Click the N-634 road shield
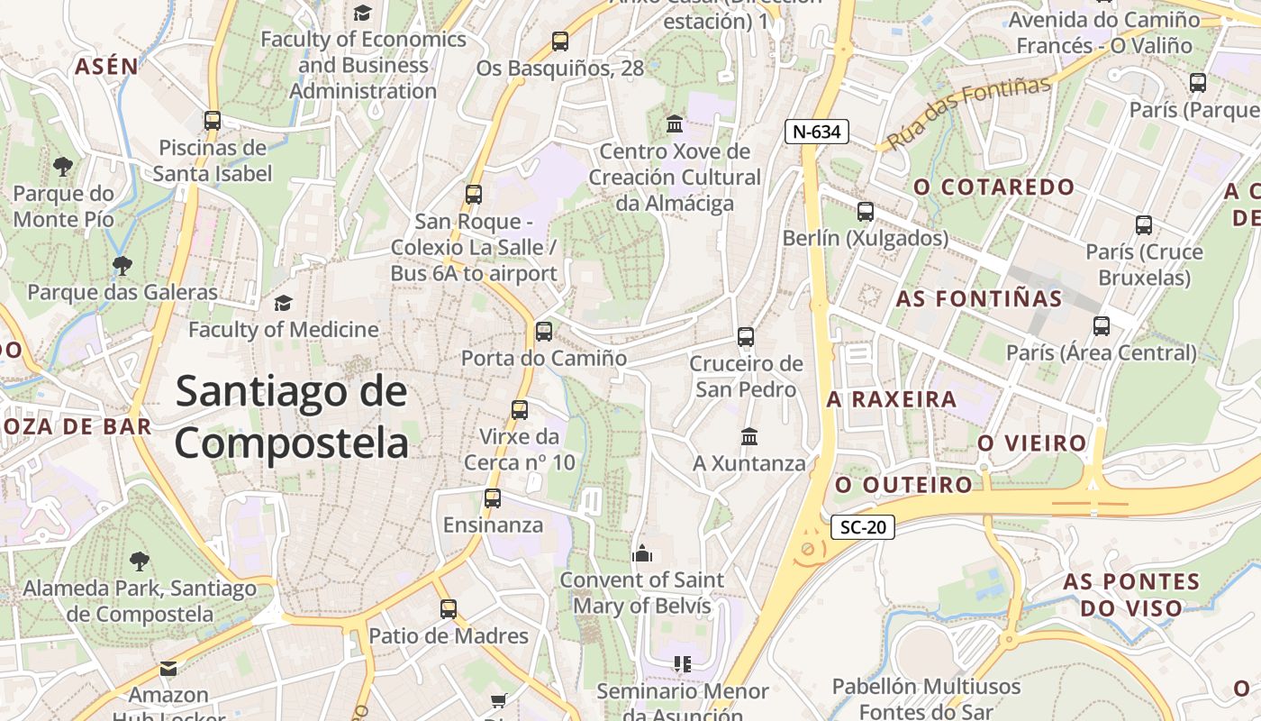[817, 132]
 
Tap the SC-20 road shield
[862, 527]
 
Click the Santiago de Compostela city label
[291, 417]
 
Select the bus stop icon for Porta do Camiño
[544, 332]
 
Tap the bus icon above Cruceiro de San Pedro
[746, 337]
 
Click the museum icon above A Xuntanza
[749, 437]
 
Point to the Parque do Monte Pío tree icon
[63, 166]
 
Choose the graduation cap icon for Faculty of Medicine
[284, 303]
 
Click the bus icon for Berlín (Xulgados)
[866, 212]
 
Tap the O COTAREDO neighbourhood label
[994, 187]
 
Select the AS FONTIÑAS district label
[979, 298]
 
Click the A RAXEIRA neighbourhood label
[892, 399]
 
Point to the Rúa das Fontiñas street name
[969, 114]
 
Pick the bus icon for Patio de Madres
[449, 609]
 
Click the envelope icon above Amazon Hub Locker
[168, 669]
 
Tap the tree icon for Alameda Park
[140, 561]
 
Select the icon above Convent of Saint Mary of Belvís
[642, 552]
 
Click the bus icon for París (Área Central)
[1102, 326]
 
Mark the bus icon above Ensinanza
[493, 498]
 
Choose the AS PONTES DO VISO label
[1131, 594]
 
